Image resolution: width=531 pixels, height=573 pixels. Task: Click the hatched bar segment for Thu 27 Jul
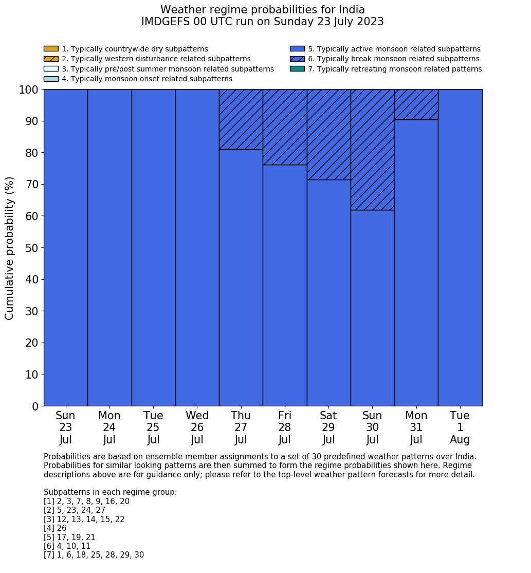tap(241, 119)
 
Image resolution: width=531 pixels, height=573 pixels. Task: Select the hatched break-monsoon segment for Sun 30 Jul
tap(372, 150)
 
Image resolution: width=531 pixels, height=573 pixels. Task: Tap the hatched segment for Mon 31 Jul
tap(416, 104)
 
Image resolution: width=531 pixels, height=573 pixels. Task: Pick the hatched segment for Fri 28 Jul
tap(285, 127)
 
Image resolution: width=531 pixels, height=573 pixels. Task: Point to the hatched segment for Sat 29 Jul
tap(328, 135)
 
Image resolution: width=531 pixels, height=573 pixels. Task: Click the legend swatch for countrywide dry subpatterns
tap(51, 49)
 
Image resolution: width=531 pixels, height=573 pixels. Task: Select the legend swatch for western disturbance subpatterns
tap(51, 59)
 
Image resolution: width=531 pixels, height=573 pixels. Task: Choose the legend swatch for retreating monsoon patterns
tap(297, 69)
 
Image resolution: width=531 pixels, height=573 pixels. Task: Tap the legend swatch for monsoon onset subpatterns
tap(51, 79)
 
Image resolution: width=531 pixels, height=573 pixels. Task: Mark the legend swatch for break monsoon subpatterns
tap(297, 59)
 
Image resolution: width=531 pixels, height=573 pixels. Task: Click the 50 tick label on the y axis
tap(32, 248)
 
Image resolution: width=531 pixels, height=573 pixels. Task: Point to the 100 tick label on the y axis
tap(29, 90)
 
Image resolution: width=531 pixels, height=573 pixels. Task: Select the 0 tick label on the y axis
tap(35, 407)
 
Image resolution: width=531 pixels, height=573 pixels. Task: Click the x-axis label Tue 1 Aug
tap(460, 427)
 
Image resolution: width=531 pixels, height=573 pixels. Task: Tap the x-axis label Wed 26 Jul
tap(197, 427)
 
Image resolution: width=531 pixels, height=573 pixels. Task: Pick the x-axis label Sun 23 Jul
tap(65, 427)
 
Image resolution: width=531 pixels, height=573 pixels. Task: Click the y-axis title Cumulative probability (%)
tap(10, 248)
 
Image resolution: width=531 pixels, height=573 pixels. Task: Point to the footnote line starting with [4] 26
tap(55, 528)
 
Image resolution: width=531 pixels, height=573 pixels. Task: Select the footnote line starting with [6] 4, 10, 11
tap(67, 546)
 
